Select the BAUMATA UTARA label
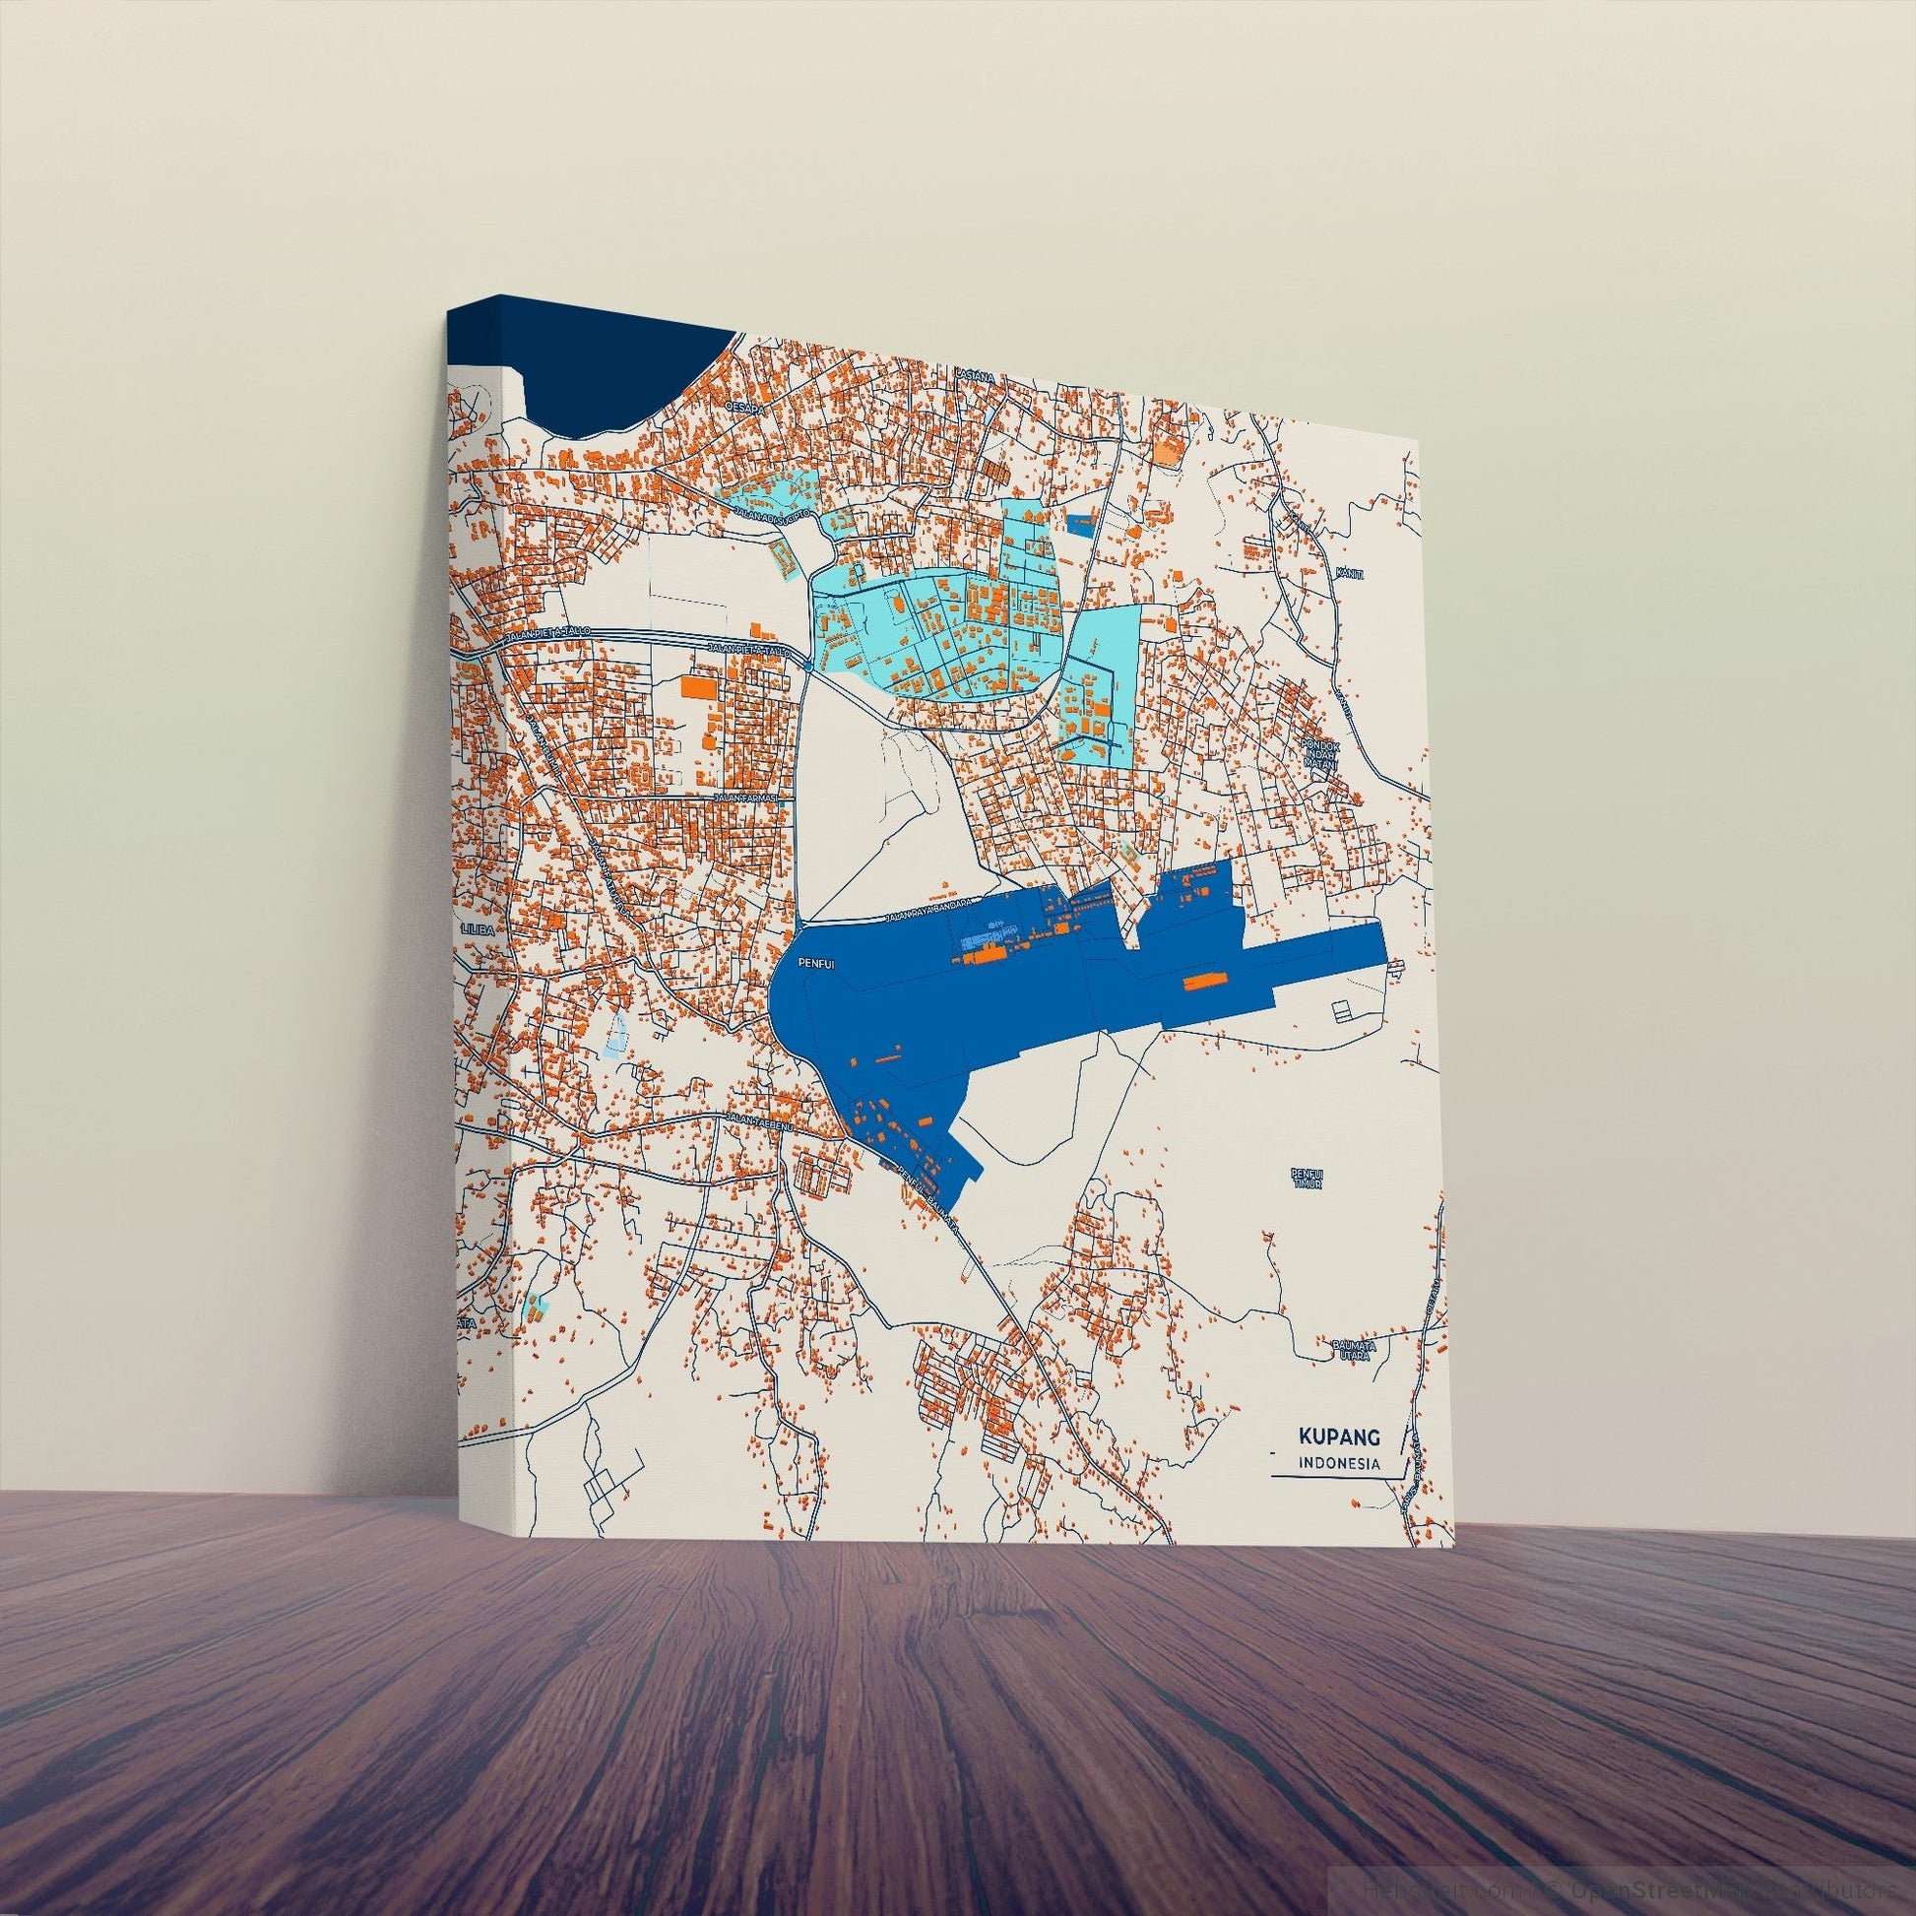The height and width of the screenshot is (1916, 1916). click(x=1349, y=1351)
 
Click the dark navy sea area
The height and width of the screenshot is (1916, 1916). click(x=614, y=377)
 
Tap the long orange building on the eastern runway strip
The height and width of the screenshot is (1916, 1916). click(x=1203, y=982)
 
